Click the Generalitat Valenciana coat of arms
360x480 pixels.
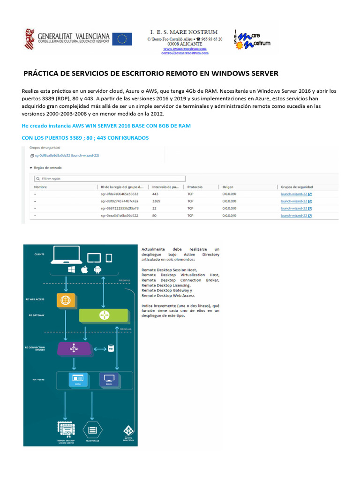29,39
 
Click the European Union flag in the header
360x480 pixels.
122,39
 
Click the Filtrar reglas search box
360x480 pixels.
110,179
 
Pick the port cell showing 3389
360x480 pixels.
157,201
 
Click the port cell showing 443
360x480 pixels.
155,194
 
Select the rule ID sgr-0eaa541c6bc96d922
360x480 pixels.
120,215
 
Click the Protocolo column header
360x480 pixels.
195,187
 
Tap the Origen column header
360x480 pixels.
228,187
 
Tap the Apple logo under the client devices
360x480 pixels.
84,270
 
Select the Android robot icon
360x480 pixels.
97,270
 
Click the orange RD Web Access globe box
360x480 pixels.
66,300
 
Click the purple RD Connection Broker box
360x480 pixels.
75,348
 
